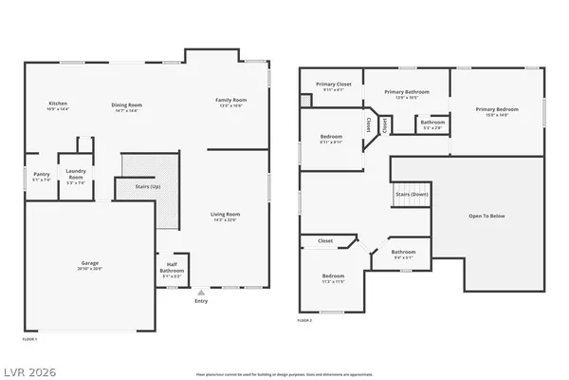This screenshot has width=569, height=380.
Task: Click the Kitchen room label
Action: point(58,104)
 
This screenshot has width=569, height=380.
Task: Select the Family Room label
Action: point(230,100)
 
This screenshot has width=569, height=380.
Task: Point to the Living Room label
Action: point(225,215)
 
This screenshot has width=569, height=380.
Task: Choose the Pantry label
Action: point(40,174)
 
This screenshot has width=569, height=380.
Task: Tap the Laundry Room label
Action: point(76,176)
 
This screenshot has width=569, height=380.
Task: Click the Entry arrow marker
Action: point(200,293)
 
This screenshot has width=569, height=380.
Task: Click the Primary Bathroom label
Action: point(406,91)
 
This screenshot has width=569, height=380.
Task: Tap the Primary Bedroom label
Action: point(497,109)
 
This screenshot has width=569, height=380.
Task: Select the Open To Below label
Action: point(486,217)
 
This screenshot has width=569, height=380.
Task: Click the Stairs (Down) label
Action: point(413,195)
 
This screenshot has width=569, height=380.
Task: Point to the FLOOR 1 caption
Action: point(29,338)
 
